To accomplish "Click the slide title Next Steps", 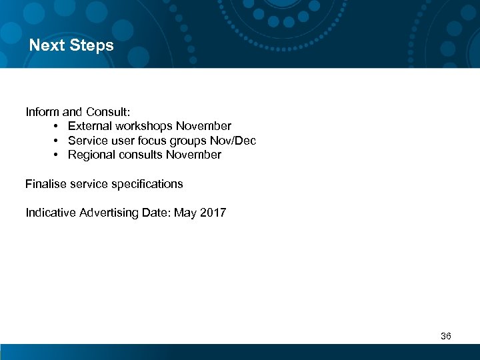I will [x=71, y=46].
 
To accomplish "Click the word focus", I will [x=154, y=141].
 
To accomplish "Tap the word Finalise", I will [x=45, y=184].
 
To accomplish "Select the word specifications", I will [x=149, y=184].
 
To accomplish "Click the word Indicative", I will [x=51, y=213].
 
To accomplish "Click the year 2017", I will [x=213, y=213].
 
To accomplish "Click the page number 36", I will [x=446, y=336].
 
